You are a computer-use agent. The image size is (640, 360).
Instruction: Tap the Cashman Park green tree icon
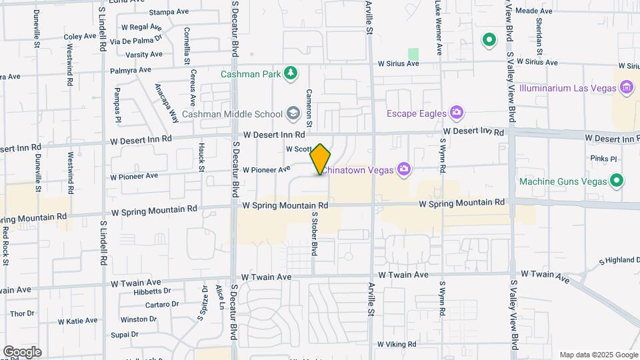(x=290, y=73)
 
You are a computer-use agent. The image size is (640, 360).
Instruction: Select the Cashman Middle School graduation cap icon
(x=293, y=113)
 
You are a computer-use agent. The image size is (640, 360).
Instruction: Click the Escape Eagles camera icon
(x=456, y=112)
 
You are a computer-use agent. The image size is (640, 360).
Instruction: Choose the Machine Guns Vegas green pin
(x=617, y=180)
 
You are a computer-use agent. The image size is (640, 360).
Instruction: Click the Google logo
(x=21, y=352)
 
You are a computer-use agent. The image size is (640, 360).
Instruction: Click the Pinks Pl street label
(x=604, y=159)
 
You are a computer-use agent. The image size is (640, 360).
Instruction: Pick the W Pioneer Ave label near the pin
(x=267, y=170)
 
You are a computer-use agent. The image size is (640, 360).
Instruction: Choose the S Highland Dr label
(x=619, y=260)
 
